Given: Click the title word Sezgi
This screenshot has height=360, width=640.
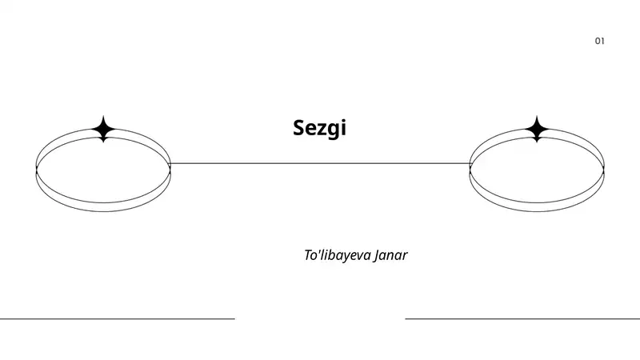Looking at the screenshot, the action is tap(319, 128).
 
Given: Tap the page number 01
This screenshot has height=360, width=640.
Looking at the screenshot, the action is tap(599, 41).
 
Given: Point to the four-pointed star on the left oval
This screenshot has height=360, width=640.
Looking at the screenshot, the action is tap(103, 129).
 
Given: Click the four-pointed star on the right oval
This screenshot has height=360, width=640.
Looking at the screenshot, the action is tap(537, 129).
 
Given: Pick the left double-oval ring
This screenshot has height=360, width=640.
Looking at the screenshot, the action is tap(103, 170).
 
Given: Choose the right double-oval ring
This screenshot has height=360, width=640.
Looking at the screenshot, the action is tap(537, 170).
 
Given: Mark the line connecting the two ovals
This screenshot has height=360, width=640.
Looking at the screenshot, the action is tap(320, 164).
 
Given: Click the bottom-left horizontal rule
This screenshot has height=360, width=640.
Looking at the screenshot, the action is tap(118, 318).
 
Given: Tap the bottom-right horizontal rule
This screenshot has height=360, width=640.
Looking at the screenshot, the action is tap(522, 318).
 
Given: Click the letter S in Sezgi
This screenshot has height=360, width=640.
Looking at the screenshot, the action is tap(299, 127).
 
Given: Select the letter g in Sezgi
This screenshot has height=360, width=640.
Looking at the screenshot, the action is tap(332, 130).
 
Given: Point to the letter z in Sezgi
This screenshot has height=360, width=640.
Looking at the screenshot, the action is tap(321, 130).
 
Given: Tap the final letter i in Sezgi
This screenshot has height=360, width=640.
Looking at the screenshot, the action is tap(344, 127).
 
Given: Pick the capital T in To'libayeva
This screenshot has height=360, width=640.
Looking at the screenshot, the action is tap(309, 254).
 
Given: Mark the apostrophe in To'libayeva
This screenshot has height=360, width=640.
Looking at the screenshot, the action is tap(320, 250).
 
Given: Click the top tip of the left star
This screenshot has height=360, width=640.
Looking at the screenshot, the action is tap(103, 116).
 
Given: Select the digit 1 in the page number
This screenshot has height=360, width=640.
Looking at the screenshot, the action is tap(602, 41).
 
